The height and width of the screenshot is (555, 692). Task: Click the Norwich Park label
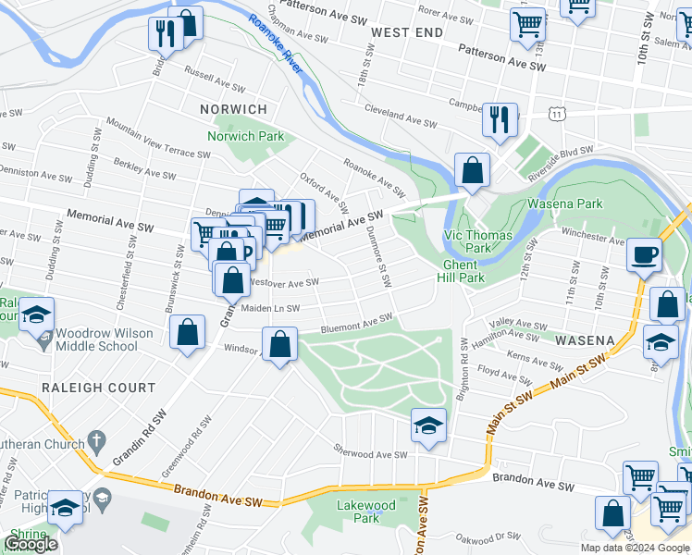[245, 136]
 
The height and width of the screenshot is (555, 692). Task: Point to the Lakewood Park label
[366, 512]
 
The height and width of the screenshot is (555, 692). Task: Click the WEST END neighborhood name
[402, 32]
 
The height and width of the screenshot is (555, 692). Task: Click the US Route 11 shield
[556, 113]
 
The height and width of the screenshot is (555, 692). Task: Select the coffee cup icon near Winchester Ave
[644, 254]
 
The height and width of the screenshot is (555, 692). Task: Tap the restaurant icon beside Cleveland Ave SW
[499, 117]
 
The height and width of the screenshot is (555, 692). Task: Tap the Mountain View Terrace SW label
[152, 137]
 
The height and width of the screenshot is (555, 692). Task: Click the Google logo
[31, 545]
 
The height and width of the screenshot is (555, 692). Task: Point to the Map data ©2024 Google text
[635, 548]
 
